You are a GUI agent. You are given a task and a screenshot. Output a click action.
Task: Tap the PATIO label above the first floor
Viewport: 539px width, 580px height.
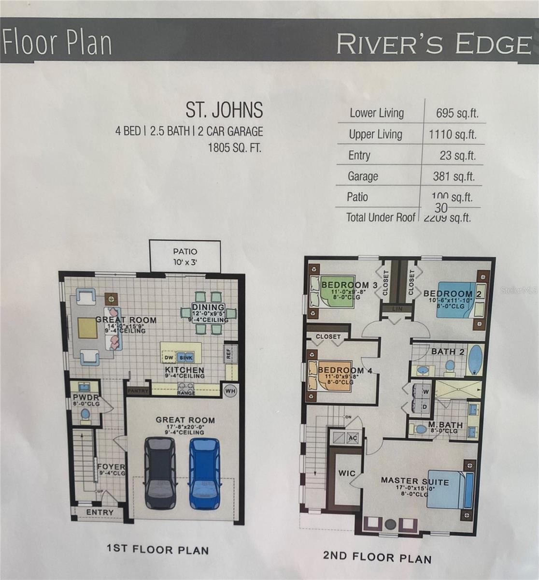click(185, 252)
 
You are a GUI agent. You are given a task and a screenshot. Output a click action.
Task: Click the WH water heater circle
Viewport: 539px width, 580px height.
click(230, 391)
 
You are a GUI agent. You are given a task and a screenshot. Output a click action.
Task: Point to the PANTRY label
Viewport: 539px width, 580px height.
click(138, 391)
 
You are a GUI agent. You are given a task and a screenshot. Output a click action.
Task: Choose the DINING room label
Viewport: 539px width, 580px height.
click(208, 307)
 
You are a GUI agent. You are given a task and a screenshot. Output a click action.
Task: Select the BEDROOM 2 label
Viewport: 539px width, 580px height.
click(448, 293)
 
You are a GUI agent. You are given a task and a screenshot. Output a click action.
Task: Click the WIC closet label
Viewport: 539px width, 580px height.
click(346, 473)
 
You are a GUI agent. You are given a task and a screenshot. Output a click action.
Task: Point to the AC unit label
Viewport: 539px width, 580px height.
click(353, 437)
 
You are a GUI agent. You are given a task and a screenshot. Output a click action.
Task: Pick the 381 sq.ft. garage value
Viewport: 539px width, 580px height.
click(454, 176)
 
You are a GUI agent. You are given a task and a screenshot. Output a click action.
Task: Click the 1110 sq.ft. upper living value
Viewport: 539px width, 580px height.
click(453, 134)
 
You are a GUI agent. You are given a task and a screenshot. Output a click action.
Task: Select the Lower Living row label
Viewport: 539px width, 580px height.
click(377, 113)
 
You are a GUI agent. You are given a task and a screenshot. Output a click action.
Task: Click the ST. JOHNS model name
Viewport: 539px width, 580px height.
click(225, 110)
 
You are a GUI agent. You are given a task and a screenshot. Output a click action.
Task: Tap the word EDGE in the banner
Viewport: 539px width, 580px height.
click(493, 44)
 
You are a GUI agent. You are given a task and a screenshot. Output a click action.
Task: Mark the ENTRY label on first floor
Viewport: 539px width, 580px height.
click(100, 512)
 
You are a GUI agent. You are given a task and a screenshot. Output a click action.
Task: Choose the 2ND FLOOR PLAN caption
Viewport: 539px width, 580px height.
click(377, 557)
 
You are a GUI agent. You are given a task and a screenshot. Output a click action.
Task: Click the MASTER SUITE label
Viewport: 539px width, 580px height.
click(414, 481)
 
